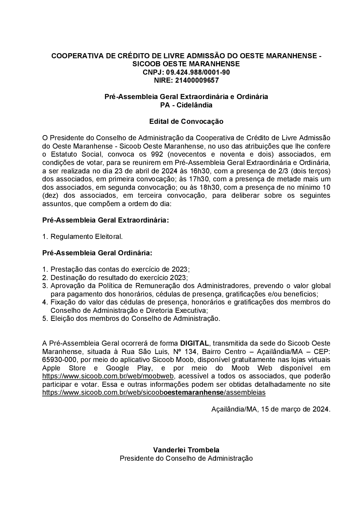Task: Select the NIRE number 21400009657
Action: pyautogui.click(x=197, y=80)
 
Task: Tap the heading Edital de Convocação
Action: pyautogui.click(x=186, y=121)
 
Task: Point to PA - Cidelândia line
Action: pyautogui.click(x=186, y=105)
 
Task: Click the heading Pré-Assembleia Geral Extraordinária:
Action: pyautogui.click(x=106, y=220)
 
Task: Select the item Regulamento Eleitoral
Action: pyautogui.click(x=87, y=237)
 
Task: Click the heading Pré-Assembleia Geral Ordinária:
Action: pyautogui.click(x=97, y=253)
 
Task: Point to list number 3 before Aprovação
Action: pyautogui.click(x=45, y=286)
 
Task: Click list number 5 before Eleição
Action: pyautogui.click(x=45, y=319)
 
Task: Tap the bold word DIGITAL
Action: pyautogui.click(x=194, y=343)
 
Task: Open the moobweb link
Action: pyautogui.click(x=108, y=376)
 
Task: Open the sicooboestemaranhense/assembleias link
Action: pyautogui.click(x=154, y=393)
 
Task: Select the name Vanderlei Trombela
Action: pyautogui.click(x=186, y=450)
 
